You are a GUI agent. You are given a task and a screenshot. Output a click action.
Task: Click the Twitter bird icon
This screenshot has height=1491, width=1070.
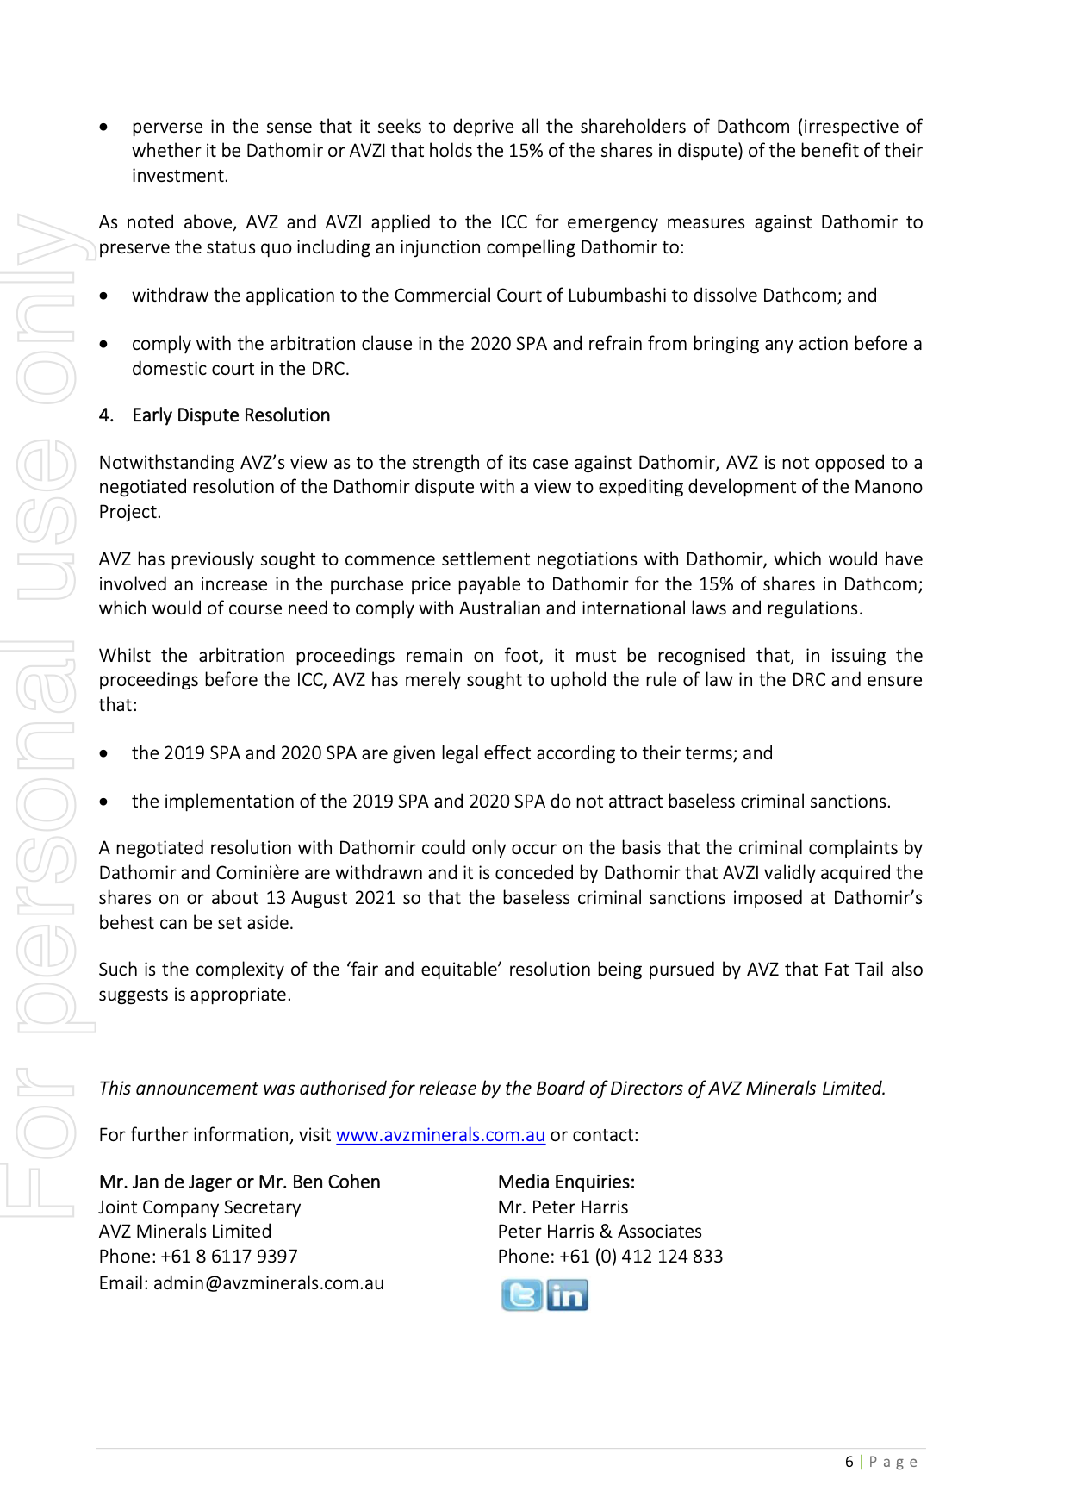[522, 1295]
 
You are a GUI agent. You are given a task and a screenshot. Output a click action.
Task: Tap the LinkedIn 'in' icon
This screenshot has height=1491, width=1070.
[567, 1295]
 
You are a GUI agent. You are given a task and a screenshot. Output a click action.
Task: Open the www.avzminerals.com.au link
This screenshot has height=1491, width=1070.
[440, 1135]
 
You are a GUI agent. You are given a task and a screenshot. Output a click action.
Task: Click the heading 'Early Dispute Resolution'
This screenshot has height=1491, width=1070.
[231, 415]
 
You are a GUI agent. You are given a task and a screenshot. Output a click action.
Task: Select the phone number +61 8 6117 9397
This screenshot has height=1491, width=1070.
[229, 1257]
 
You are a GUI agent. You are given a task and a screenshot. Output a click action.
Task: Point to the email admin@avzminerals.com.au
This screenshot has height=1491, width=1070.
[269, 1283]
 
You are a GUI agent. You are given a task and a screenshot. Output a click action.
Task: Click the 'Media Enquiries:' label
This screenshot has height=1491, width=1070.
[566, 1182]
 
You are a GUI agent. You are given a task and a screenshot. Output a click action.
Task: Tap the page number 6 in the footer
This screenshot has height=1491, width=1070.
[849, 1462]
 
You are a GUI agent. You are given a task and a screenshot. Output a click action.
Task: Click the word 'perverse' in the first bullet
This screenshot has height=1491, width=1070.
[168, 127]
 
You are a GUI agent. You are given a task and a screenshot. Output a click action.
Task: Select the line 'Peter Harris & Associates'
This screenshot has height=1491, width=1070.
[600, 1232]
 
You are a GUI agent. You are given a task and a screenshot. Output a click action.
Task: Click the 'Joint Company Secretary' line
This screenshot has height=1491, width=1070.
[200, 1207]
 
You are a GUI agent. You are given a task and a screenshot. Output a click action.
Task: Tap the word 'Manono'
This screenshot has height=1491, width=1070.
[888, 487]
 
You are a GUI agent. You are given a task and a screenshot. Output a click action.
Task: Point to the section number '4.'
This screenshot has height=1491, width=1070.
[106, 415]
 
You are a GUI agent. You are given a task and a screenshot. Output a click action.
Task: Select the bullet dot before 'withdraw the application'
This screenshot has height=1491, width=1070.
[104, 296]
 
